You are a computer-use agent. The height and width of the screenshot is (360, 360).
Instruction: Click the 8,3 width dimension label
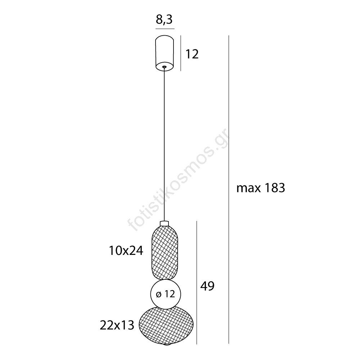pos(164,19)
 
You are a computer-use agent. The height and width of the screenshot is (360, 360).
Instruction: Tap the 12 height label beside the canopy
pos(192,54)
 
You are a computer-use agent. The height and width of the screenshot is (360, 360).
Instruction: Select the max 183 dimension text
pos(261,188)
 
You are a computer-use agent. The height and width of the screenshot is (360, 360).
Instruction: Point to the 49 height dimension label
pos(207,286)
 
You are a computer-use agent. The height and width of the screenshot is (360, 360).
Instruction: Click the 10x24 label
pos(126,251)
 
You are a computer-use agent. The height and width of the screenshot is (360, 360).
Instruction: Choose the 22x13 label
pos(117,325)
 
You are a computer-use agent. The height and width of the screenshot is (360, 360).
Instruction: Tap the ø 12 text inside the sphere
pos(166,294)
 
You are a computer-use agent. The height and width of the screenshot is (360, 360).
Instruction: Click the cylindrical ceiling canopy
pos(165,53)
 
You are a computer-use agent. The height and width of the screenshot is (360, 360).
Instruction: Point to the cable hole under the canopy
pos(164,67)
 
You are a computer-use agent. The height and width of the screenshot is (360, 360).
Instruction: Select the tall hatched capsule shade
pos(165,253)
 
